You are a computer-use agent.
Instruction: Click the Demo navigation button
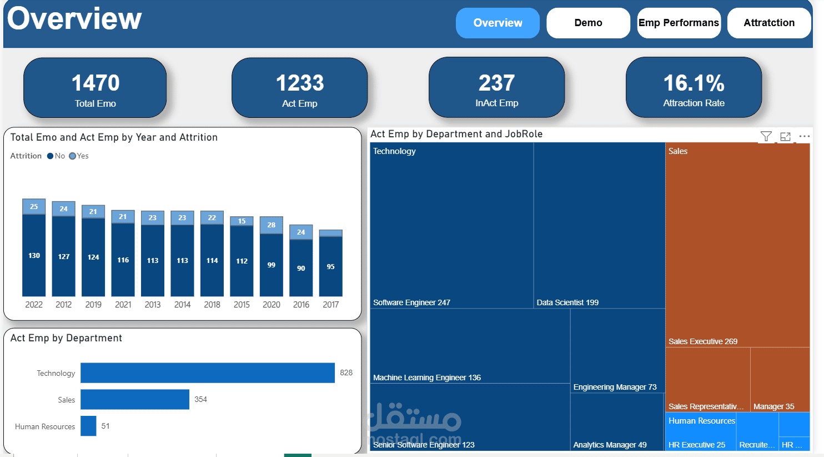pyautogui.click(x=588, y=23)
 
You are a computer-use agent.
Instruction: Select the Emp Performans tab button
pyautogui.click(x=679, y=23)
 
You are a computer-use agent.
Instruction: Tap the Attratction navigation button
pyautogui.click(x=769, y=23)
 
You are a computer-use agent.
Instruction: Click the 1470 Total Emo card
pyautogui.click(x=95, y=88)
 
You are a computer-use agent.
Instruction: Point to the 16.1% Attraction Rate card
pyautogui.click(x=694, y=88)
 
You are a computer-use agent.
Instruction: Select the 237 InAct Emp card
pyautogui.click(x=496, y=88)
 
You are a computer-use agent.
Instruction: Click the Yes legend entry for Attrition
pyautogui.click(x=79, y=156)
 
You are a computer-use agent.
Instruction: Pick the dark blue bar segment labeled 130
pyautogui.click(x=34, y=256)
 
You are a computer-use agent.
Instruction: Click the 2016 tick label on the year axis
pyautogui.click(x=301, y=305)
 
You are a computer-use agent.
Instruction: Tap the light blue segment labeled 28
pyautogui.click(x=271, y=225)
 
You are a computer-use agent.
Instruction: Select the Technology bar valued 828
pyautogui.click(x=207, y=373)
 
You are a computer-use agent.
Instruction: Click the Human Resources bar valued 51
pyautogui.click(x=88, y=426)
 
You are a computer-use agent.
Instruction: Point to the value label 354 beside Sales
pyautogui.click(x=200, y=400)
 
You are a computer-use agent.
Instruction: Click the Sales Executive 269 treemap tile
pyautogui.click(x=737, y=245)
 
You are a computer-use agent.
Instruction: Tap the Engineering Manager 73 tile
pyautogui.click(x=617, y=350)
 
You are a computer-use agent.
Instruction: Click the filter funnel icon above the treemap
pyautogui.click(x=766, y=136)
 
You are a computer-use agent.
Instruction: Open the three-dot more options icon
pyautogui.click(x=804, y=136)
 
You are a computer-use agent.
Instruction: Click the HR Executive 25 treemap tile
pyautogui.click(x=701, y=439)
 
